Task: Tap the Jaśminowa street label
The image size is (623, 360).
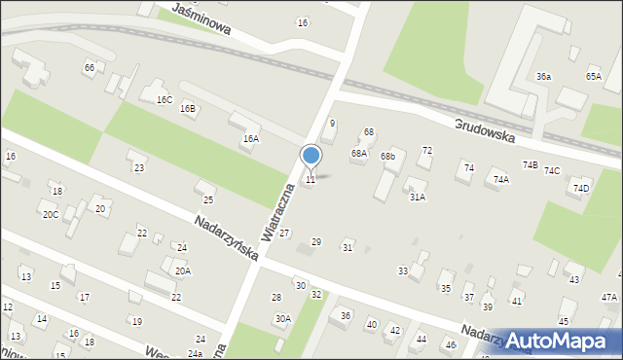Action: point(201,18)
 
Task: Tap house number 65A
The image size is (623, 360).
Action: point(594,76)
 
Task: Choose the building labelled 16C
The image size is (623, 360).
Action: point(164,99)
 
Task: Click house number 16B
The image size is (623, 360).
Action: point(188,108)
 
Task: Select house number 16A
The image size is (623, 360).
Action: point(250,139)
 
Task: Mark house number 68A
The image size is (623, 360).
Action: point(359,153)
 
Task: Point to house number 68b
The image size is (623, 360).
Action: point(388,156)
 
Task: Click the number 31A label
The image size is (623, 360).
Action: point(417,197)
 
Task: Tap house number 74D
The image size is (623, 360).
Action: point(581,188)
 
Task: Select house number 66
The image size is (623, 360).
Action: point(90,67)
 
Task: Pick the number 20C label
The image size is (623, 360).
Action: point(50,214)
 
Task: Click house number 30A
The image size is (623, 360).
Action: point(282,318)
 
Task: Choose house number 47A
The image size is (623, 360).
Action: point(609,297)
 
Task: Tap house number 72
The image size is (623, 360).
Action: point(426,150)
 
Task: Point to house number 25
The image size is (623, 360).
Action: point(207,199)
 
